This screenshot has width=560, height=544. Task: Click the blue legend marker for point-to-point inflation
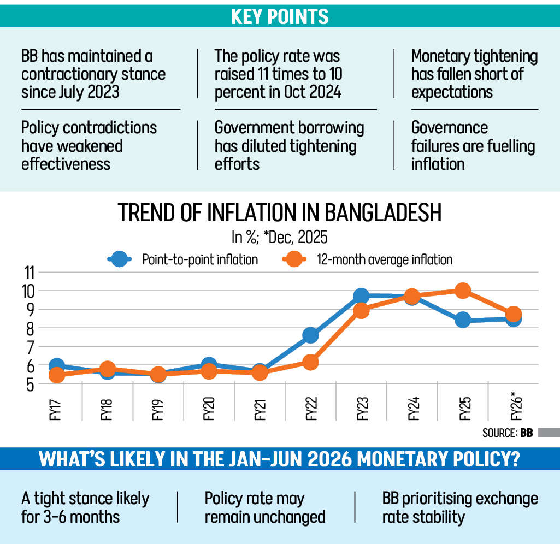click(x=120, y=259)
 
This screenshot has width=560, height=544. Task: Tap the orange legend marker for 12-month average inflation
click(x=294, y=259)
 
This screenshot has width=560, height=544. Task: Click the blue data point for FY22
click(x=310, y=335)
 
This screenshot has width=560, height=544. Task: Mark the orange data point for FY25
click(x=463, y=291)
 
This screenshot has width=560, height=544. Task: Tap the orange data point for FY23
click(x=361, y=311)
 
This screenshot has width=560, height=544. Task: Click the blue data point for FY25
click(x=463, y=320)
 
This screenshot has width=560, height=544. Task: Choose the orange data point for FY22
click(x=310, y=362)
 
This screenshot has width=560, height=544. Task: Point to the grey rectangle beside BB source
click(x=546, y=433)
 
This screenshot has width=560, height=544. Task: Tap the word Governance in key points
click(x=449, y=128)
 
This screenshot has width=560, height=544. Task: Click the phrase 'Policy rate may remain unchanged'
click(x=265, y=507)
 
